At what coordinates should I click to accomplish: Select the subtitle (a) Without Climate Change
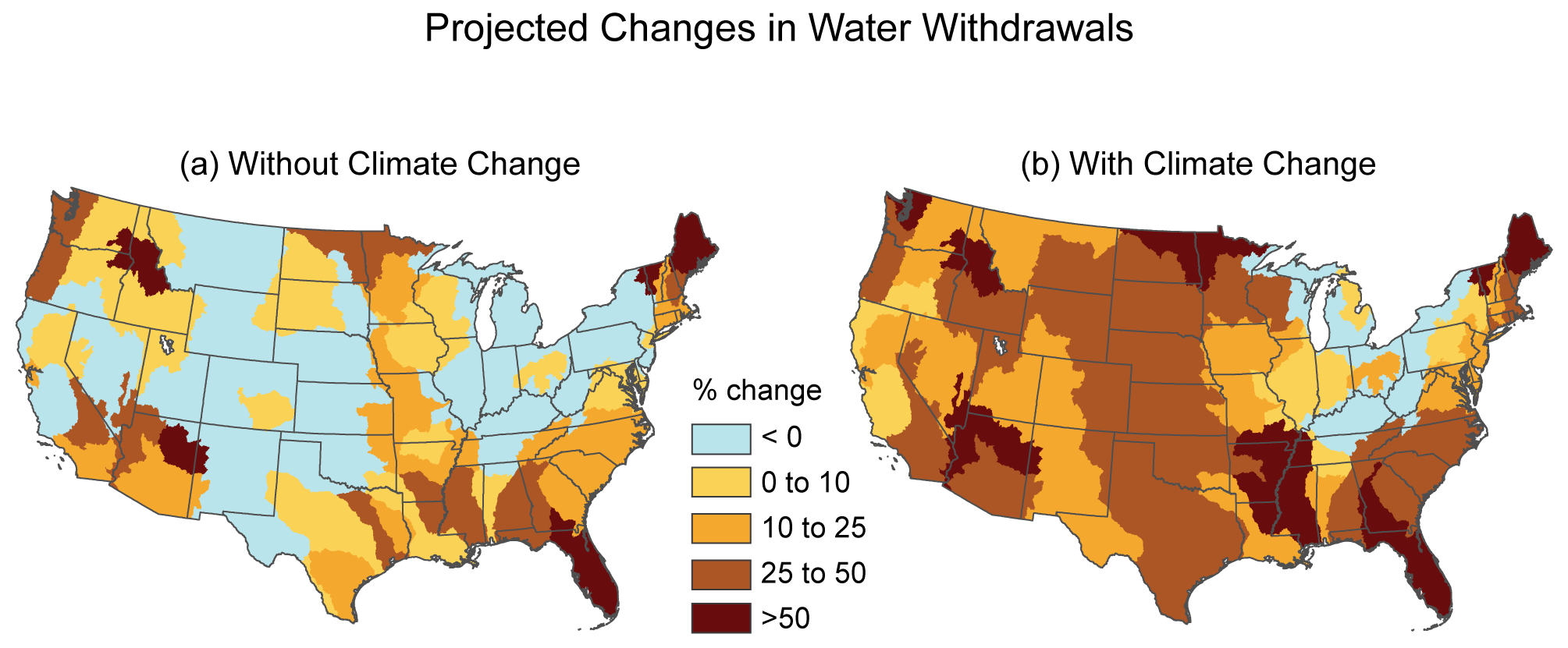[380, 165]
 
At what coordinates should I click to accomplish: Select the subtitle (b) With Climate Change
[1198, 165]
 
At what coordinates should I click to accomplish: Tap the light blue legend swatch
[721, 438]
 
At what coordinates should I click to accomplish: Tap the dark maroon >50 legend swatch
[721, 618]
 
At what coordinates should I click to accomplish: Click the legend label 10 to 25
[813, 529]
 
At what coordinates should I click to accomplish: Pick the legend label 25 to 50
[813, 574]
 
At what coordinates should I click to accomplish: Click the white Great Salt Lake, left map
[165, 342]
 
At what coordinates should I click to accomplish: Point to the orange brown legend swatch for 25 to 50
[721, 574]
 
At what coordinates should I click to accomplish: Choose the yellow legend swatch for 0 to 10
[721, 483]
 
